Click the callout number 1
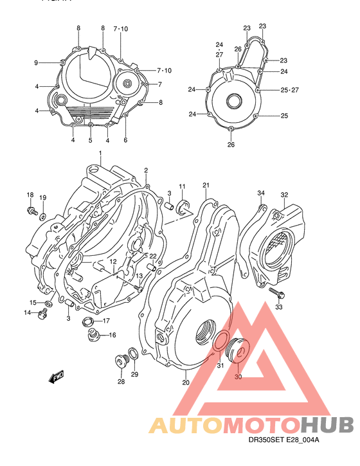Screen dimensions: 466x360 pyautogui.click(x=100, y=153)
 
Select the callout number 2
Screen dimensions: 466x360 pyautogui.click(x=146, y=170)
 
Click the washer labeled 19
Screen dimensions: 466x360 pyautogui.click(x=42, y=216)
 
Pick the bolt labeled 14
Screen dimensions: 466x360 pyautogui.click(x=44, y=313)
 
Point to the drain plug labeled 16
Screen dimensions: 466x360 pyautogui.click(x=93, y=335)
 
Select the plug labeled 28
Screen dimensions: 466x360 pyautogui.click(x=120, y=361)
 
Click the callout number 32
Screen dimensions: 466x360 pyautogui.click(x=283, y=195)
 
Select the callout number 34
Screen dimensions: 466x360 pyautogui.click(x=261, y=193)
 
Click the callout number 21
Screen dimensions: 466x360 pyautogui.click(x=206, y=186)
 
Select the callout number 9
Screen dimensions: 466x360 pyautogui.click(x=37, y=62)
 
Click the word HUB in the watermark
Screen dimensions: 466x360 pyautogui.click(x=327, y=425)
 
